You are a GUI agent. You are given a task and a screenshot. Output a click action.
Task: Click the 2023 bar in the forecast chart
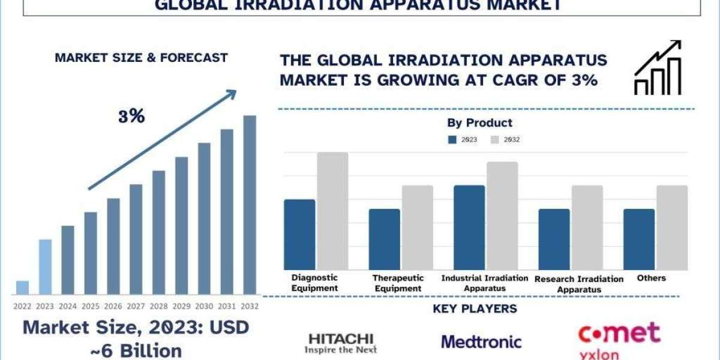[45, 267]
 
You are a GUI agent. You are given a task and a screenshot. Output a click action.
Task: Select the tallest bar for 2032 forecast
[250, 204]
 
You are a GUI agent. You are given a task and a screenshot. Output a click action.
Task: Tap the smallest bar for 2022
[22, 288]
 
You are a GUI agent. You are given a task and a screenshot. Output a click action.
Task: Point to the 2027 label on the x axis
[136, 305]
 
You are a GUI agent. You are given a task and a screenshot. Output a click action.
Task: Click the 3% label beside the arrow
[131, 117]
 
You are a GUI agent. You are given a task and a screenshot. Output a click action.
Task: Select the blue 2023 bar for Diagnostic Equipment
[299, 234]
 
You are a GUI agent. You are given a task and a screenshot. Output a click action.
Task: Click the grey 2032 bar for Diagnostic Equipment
[333, 211]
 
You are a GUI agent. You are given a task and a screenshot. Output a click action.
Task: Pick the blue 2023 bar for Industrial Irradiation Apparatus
[469, 227]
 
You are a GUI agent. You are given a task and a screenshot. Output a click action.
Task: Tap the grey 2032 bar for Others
[672, 227]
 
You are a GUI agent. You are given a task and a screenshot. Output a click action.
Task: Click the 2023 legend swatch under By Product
[452, 140]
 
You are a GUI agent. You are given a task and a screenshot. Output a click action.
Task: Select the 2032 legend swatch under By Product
[495, 140]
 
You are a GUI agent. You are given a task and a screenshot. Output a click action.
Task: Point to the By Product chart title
[480, 123]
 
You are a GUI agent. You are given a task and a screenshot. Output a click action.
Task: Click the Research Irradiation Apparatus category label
[579, 284]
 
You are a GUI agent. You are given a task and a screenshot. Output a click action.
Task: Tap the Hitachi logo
[340, 342]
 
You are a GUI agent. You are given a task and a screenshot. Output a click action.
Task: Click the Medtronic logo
[481, 342]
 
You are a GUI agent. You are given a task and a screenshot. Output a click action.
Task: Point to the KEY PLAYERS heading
[475, 309]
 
